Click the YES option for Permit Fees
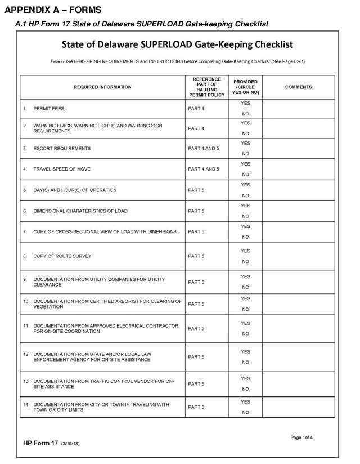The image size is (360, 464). point(245,103)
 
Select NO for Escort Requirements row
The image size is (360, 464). point(245,154)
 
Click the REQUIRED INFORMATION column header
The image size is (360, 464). point(102,87)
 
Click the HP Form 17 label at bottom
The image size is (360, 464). point(40,443)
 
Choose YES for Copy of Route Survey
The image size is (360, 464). point(245,251)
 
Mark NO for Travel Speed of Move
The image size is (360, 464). point(245,175)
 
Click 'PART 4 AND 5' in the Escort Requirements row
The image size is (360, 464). point(204,149)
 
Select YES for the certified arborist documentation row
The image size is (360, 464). point(245,298)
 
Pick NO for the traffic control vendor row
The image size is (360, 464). point(245,389)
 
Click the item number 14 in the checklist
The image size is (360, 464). point(26,404)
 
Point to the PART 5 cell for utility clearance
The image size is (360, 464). point(196,282)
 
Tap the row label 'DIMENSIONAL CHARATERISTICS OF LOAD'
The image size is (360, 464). point(80,211)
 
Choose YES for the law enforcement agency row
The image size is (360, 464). point(245,351)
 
